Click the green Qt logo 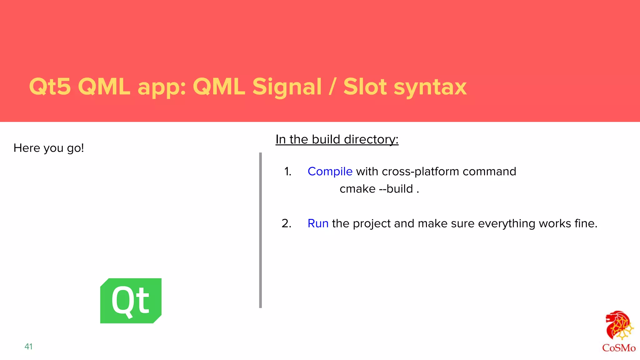[x=131, y=301]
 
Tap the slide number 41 [x=28, y=347]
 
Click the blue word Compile [x=330, y=172]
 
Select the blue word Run [x=318, y=224]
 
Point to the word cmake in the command [x=357, y=189]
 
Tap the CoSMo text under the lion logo [x=618, y=348]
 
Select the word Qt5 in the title [x=50, y=87]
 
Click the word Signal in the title [x=287, y=87]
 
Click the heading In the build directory [x=337, y=139]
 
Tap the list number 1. [x=287, y=172]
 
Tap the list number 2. [x=286, y=224]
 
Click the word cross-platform [x=420, y=172]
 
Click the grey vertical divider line [x=260, y=230]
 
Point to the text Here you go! [x=49, y=148]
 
